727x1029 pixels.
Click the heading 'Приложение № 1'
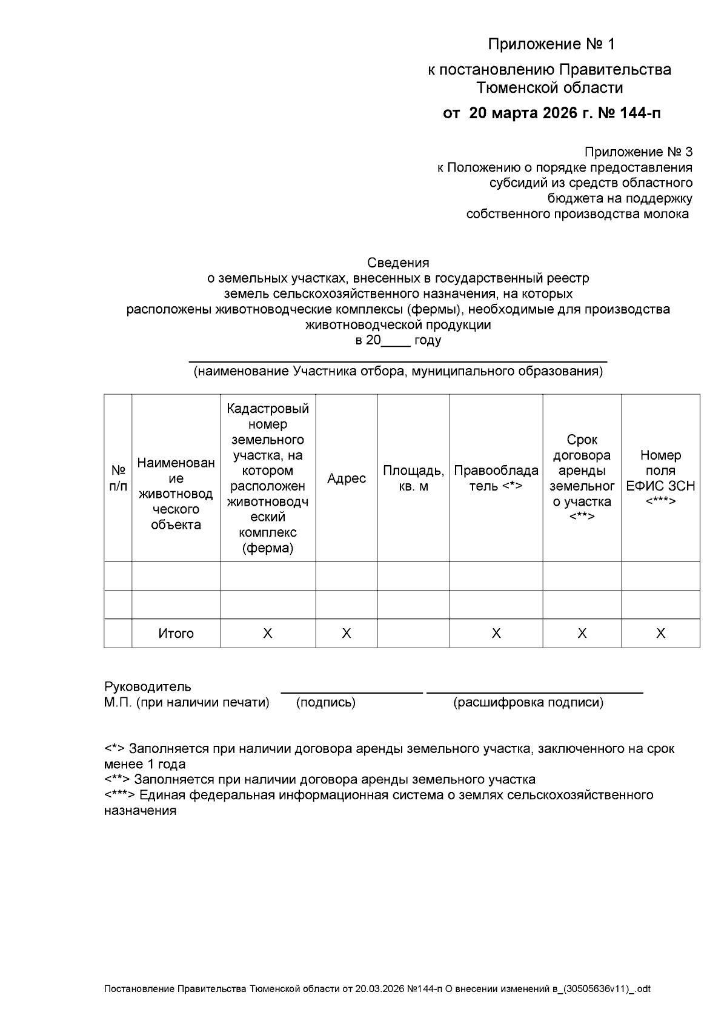[551, 44]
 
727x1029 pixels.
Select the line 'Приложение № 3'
[638, 152]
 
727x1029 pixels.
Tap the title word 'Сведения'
[398, 263]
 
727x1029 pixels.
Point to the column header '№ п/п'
[118, 478]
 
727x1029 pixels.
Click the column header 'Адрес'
[347, 478]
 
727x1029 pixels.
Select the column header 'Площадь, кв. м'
[413, 478]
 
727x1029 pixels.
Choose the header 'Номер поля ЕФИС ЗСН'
[660, 478]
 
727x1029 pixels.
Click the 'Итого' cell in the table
[176, 634]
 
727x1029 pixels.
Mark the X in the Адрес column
[347, 634]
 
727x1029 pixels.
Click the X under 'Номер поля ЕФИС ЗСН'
[660, 634]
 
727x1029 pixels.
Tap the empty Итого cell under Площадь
[413, 634]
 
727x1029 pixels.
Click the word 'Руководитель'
[148, 686]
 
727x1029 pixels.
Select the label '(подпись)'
[326, 703]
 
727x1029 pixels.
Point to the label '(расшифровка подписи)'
[528, 703]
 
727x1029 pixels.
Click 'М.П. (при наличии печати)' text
[187, 703]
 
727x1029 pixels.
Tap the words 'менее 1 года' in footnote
[145, 764]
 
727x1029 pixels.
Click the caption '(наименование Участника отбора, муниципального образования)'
[398, 372]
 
